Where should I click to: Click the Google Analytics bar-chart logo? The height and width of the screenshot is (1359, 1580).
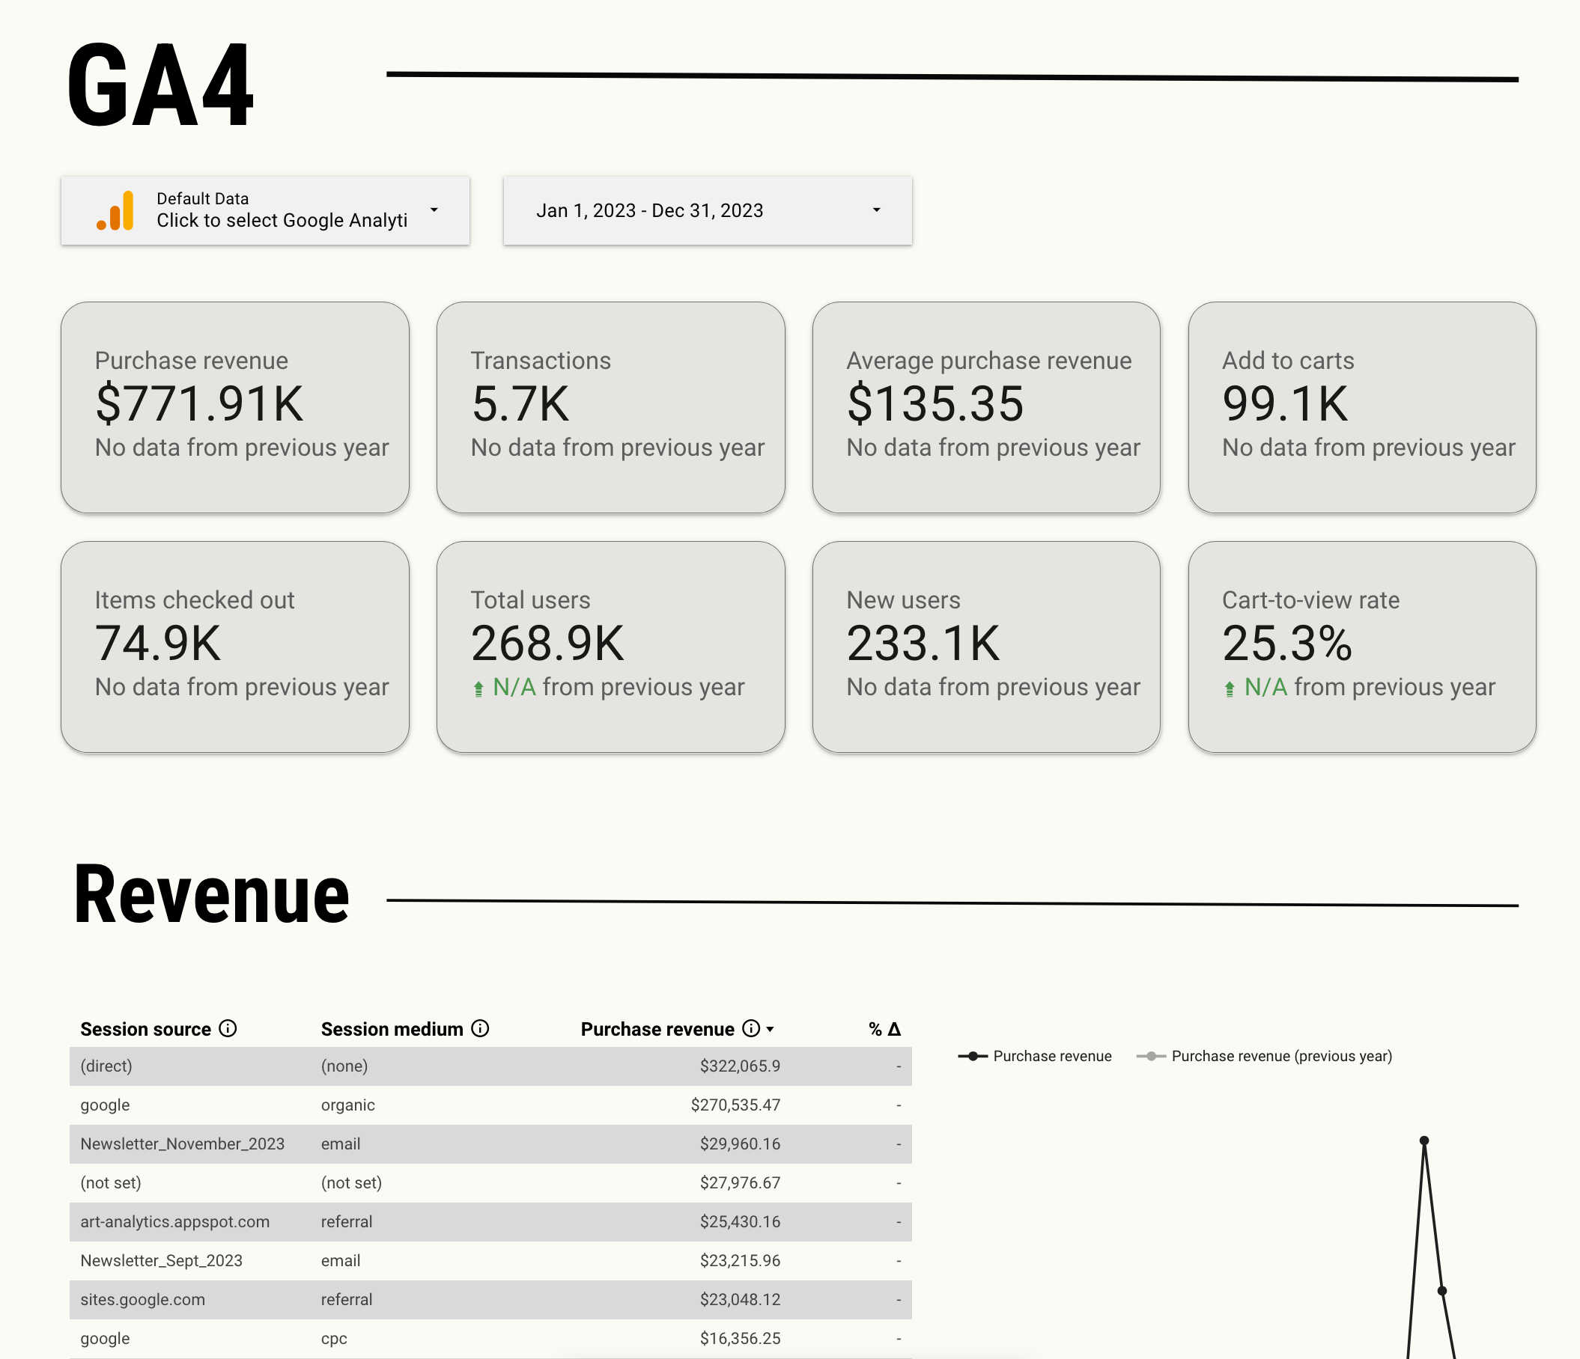[x=116, y=210]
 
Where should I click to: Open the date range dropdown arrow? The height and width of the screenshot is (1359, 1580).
[x=876, y=210]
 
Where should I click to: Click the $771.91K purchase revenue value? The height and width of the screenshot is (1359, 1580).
[x=199, y=403]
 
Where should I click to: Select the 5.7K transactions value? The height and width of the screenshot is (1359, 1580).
[x=520, y=403]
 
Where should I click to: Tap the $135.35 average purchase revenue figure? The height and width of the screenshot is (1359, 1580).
[x=935, y=403]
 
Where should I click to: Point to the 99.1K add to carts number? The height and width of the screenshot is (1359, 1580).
[x=1285, y=403]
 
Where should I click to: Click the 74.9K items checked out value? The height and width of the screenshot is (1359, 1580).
[x=158, y=643]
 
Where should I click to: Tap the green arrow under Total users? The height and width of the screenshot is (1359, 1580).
[x=478, y=689]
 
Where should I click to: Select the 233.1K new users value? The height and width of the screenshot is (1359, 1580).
[x=923, y=643]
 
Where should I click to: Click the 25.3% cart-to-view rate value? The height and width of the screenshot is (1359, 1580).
[x=1287, y=643]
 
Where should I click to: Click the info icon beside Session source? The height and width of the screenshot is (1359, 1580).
[x=228, y=1028]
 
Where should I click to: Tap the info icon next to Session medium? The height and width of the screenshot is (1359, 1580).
[x=481, y=1028]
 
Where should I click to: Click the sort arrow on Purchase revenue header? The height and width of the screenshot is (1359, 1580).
[x=771, y=1029]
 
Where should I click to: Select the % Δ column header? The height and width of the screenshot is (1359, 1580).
[x=884, y=1029]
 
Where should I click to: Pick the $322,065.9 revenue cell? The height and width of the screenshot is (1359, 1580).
[x=740, y=1066]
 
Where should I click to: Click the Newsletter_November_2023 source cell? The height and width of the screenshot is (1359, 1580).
[x=182, y=1143]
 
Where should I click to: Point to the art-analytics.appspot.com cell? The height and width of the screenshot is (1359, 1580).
[x=174, y=1221]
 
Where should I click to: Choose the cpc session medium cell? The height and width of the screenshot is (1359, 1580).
[x=334, y=1339]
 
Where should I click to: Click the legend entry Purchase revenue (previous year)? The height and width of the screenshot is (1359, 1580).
[x=1281, y=1056]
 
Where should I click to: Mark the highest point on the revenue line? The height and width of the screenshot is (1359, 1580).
[x=1423, y=1141]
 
